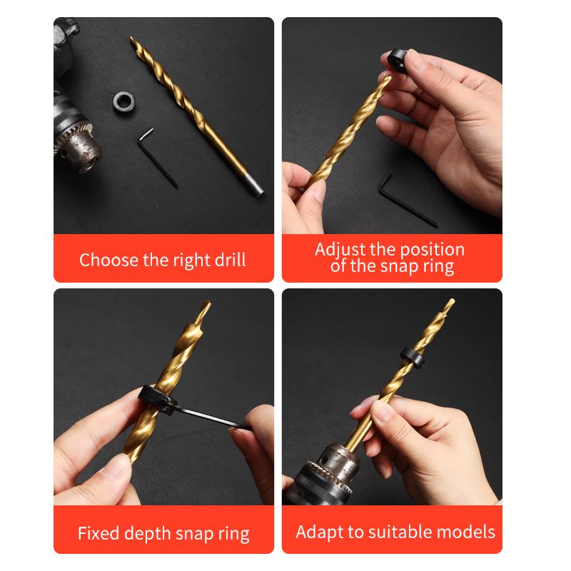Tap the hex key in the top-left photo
(x=160, y=158)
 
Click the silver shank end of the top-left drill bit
(x=254, y=184)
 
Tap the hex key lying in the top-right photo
(x=400, y=200)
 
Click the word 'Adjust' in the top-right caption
(x=340, y=250)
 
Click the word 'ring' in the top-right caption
(x=438, y=268)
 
